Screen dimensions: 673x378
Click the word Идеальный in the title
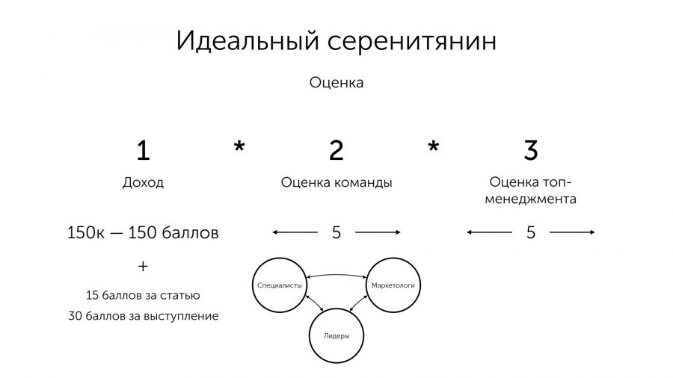click(248, 42)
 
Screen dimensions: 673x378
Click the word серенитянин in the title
click(412, 43)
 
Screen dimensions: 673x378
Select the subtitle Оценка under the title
click(336, 82)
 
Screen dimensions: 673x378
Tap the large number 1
click(144, 150)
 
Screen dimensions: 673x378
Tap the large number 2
click(336, 150)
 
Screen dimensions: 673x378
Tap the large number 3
click(531, 150)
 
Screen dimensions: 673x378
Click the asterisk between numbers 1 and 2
click(239, 146)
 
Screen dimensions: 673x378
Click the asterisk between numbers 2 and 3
click(434, 146)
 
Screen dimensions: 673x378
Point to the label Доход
click(143, 182)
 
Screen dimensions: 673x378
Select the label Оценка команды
click(336, 182)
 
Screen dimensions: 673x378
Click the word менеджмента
click(531, 199)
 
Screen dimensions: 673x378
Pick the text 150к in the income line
click(86, 233)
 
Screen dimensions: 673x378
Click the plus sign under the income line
click(143, 267)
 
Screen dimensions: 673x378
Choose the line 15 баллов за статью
click(143, 295)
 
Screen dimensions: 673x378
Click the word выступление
click(181, 316)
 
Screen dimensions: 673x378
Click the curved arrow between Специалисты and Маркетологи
click(336, 275)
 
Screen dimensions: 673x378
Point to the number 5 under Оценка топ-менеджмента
click(531, 233)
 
